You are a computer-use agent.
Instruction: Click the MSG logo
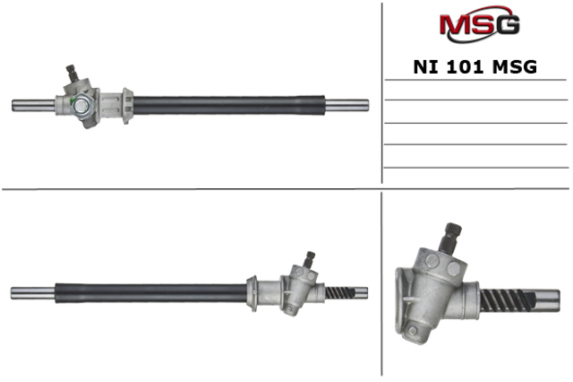479,24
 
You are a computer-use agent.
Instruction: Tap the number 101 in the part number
465,67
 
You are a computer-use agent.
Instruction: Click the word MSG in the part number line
515,67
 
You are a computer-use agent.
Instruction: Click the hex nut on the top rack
81,107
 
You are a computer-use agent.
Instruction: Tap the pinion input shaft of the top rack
73,74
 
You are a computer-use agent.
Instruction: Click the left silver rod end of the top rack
34,106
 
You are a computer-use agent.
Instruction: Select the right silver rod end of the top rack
346,106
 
